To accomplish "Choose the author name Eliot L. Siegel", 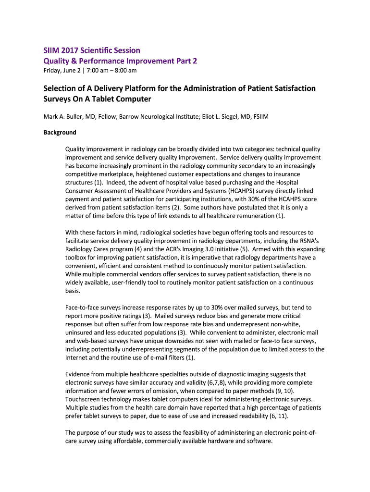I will pyautogui.click(x=227, y=117).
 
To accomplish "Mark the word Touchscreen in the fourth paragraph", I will pyautogui.click(x=83, y=399).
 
